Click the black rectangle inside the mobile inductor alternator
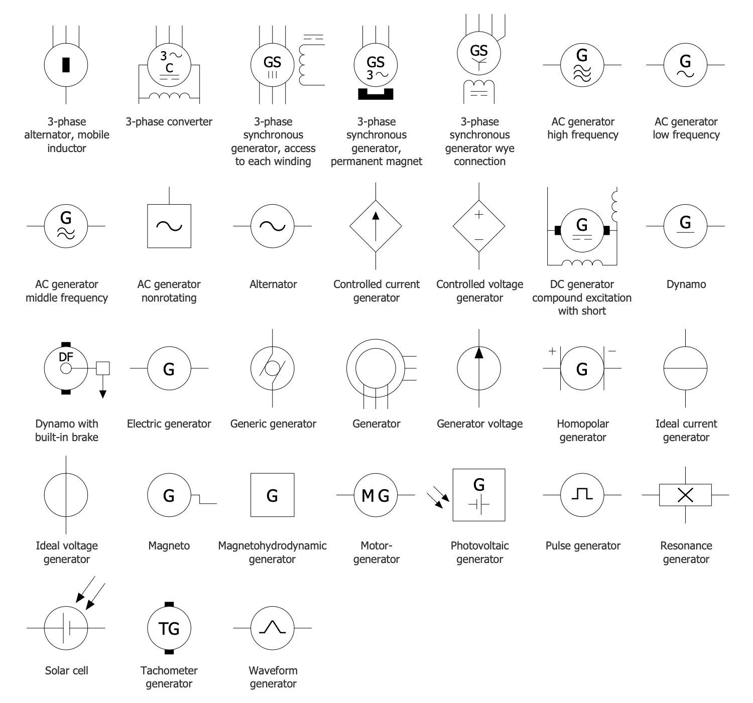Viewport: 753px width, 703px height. [x=66, y=65]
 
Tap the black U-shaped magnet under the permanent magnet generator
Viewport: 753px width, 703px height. [x=375, y=94]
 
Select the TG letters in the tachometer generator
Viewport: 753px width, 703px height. [x=169, y=628]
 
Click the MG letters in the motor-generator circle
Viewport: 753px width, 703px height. [x=375, y=496]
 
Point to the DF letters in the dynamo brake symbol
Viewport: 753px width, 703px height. [x=66, y=357]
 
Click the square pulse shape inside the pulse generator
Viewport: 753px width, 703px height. [x=582, y=494]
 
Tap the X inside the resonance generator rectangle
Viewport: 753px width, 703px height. [x=685, y=495]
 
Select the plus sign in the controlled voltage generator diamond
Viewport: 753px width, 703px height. [x=479, y=215]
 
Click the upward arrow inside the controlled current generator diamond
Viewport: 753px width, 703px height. [x=375, y=221]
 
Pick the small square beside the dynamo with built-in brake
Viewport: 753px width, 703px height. [x=103, y=368]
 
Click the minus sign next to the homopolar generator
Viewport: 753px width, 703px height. [x=612, y=351]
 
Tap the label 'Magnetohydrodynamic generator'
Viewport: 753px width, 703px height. [x=272, y=552]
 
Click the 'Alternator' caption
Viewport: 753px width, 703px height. [x=273, y=284]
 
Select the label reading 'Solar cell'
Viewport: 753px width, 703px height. [x=66, y=670]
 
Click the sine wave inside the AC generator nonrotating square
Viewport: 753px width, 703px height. [x=169, y=226]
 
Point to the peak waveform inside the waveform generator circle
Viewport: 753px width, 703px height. [x=272, y=627]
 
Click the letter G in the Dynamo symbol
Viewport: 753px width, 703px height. [x=685, y=222]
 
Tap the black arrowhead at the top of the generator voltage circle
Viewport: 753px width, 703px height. [x=479, y=353]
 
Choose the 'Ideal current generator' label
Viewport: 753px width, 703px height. [x=686, y=430]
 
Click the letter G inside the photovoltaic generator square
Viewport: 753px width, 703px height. [x=479, y=484]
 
